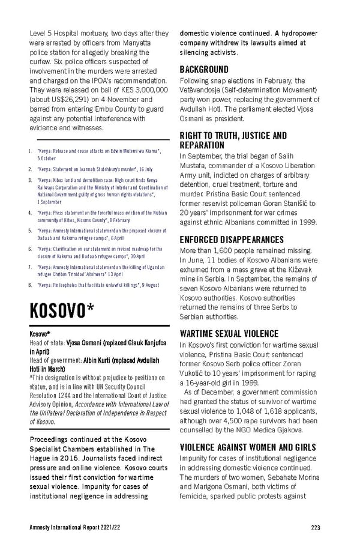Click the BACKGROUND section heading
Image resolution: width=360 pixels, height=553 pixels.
(x=205, y=70)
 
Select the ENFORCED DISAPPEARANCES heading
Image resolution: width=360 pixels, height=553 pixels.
(x=232, y=240)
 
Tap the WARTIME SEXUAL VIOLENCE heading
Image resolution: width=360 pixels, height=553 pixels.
(x=229, y=334)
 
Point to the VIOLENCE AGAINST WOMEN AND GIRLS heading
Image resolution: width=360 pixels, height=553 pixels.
(x=247, y=447)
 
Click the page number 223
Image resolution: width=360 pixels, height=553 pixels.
(x=316, y=528)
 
